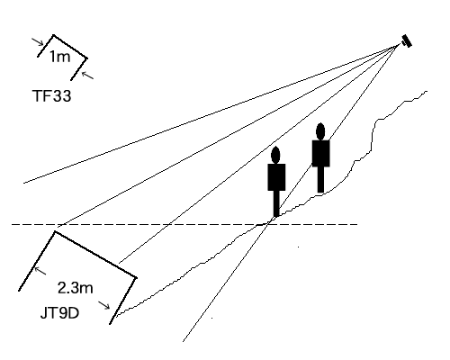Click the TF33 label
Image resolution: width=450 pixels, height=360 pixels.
pyautogui.click(x=51, y=96)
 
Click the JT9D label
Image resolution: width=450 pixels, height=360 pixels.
pyautogui.click(x=59, y=313)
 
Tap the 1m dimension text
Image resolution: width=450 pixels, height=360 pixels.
pyautogui.click(x=59, y=57)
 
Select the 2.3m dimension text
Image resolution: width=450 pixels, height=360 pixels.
pyautogui.click(x=76, y=288)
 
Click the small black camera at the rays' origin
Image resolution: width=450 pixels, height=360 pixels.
pyautogui.click(x=407, y=41)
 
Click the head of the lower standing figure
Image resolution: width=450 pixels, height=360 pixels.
pyautogui.click(x=275, y=155)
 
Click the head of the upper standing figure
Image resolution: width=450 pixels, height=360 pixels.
pyautogui.click(x=320, y=131)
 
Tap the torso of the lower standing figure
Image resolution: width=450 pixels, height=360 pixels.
pyautogui.click(x=276, y=177)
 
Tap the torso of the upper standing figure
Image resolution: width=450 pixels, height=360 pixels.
pyautogui.click(x=321, y=153)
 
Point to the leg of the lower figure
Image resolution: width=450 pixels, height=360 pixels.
pyautogui.click(x=276, y=203)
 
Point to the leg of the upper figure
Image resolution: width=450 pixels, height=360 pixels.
pyautogui.click(x=320, y=179)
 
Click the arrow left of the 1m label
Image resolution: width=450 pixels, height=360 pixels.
pyautogui.click(x=38, y=42)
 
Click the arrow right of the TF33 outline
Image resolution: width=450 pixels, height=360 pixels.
pyautogui.click(x=87, y=75)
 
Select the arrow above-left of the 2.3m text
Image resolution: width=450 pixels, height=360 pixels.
pyautogui.click(x=40, y=271)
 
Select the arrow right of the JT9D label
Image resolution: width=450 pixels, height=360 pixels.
pyautogui.click(x=104, y=305)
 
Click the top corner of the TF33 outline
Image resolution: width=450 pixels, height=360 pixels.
pyautogui.click(x=53, y=35)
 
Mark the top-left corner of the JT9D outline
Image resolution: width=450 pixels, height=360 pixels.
pyautogui.click(x=55, y=231)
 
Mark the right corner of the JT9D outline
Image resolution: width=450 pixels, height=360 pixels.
pyautogui.click(x=136, y=278)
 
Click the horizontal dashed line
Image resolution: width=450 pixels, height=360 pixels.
pyautogui.click(x=184, y=224)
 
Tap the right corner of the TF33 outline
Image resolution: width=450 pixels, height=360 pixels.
pyautogui.click(x=86, y=58)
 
